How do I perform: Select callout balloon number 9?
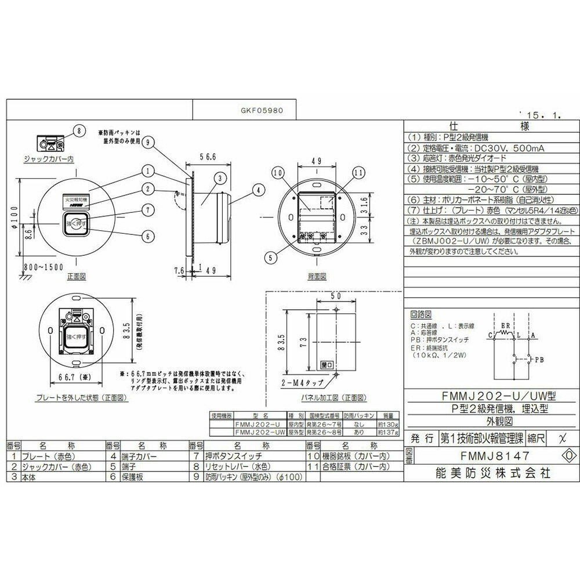149,142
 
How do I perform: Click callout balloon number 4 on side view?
259,188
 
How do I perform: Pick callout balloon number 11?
358,173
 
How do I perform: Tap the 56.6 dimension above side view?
207,157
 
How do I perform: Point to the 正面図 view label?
76,277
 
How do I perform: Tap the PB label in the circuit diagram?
539,360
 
